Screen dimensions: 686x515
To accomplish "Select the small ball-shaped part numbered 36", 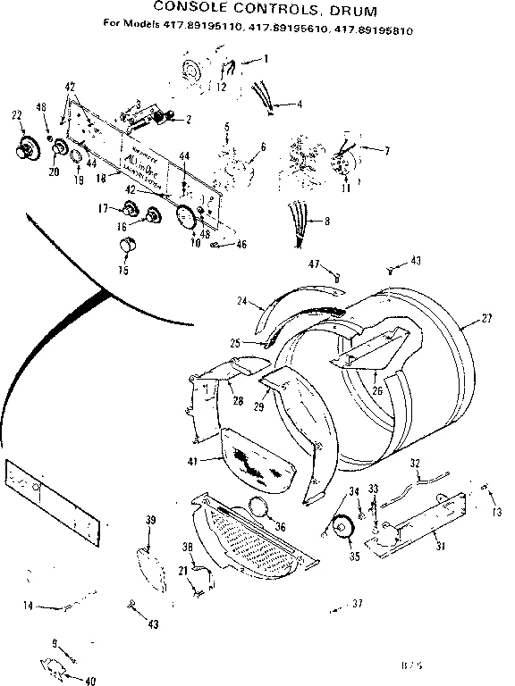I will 262,508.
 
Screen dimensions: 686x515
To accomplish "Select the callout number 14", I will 30,606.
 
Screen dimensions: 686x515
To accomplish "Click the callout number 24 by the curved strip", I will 241,301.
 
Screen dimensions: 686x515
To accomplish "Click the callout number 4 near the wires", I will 299,105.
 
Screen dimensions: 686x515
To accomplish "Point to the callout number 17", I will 104,208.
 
